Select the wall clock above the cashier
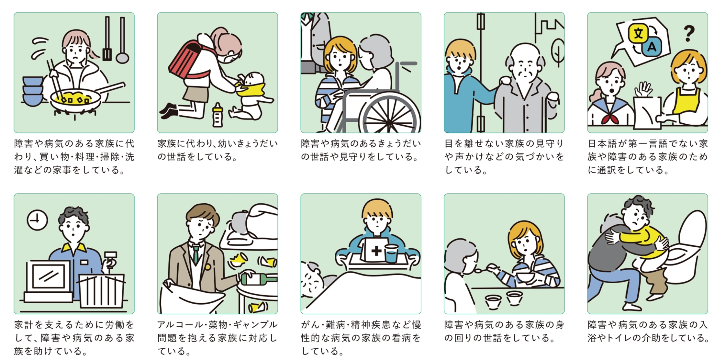tap(37, 220)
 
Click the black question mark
tap(689, 34)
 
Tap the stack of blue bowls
tap(33, 91)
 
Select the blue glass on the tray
tap(391, 253)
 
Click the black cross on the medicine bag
tap(376, 251)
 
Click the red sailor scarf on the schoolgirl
tap(610, 116)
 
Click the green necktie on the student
tap(196, 254)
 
